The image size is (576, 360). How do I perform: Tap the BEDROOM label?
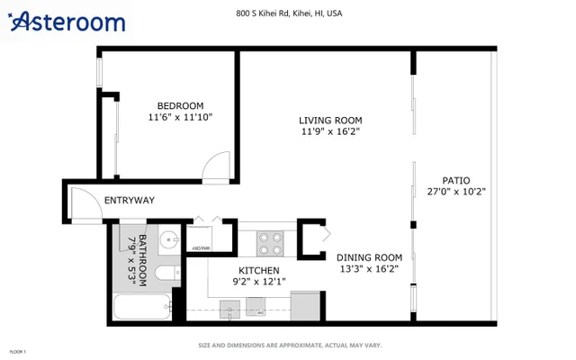pos(180,105)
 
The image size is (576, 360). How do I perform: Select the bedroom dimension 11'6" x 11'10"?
pos(180,117)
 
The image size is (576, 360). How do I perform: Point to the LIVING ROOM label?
pos(331,120)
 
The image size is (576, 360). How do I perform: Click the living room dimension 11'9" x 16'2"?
pos(331,131)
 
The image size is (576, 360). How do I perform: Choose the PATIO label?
pos(455,180)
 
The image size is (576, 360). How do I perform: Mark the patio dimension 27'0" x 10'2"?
pos(455,192)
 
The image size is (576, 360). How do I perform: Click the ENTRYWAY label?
pos(130,200)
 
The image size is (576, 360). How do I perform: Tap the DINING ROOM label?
pos(369,256)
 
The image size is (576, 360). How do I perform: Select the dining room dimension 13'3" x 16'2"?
pos(369,268)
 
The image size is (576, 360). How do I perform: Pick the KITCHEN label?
pos(258,270)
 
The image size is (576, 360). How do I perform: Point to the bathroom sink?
pos(167,240)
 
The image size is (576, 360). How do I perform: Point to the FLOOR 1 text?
pos(18,352)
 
